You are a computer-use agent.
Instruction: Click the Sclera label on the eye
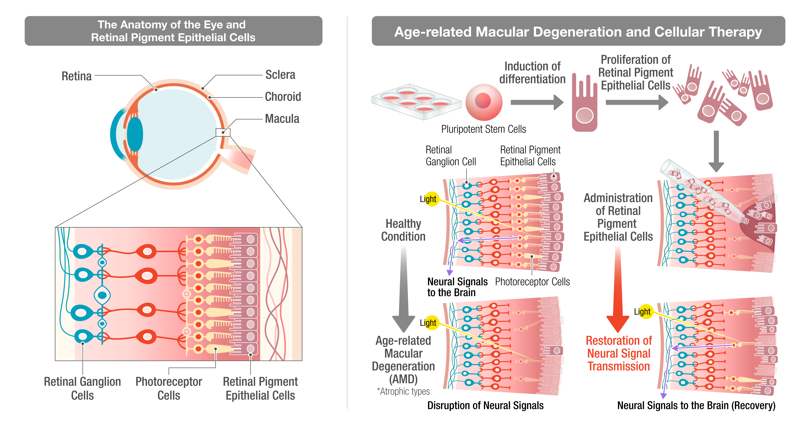(280, 75)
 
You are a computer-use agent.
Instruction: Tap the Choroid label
(283, 97)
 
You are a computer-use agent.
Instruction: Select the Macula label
(282, 119)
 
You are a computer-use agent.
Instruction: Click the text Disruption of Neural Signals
(485, 406)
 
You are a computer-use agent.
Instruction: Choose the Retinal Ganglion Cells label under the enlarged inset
(82, 388)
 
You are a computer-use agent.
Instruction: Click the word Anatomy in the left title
(141, 25)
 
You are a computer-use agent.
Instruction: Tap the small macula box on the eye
(223, 132)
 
